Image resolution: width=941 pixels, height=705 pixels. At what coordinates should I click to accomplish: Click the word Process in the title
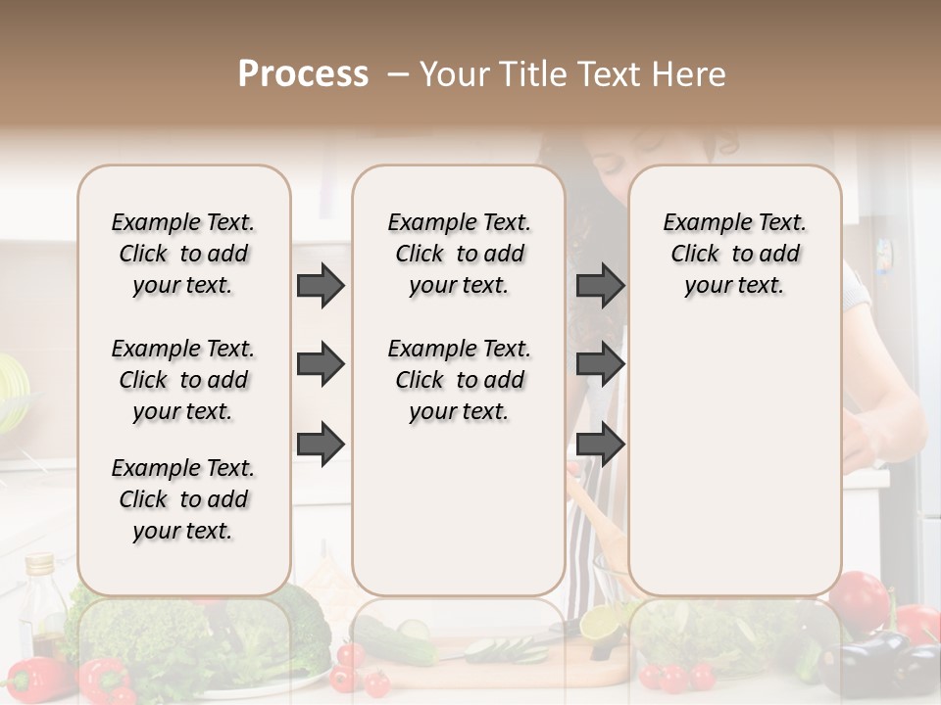click(x=303, y=74)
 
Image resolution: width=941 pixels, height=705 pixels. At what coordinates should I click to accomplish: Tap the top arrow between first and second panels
click(x=321, y=286)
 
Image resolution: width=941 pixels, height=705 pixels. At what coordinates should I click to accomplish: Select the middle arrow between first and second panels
click(x=321, y=365)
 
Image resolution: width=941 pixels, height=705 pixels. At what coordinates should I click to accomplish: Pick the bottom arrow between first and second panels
click(x=321, y=444)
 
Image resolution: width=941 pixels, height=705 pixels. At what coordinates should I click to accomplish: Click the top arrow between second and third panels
click(x=600, y=286)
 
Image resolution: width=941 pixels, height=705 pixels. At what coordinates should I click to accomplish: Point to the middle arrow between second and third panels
click(x=600, y=365)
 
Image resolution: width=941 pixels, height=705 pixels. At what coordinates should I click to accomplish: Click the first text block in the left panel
click(x=183, y=254)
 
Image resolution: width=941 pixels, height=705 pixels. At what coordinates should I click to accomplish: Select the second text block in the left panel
click(x=183, y=380)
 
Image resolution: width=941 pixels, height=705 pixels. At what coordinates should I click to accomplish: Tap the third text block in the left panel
click(x=183, y=499)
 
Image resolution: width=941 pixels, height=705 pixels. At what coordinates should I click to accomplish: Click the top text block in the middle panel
click(x=459, y=254)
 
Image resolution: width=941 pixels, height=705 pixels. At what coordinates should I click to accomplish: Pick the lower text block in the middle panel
click(x=459, y=380)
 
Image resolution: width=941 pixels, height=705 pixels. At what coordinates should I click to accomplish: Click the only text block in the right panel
click(x=734, y=254)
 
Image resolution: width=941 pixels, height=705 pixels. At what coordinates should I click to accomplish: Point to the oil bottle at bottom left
click(x=43, y=602)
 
